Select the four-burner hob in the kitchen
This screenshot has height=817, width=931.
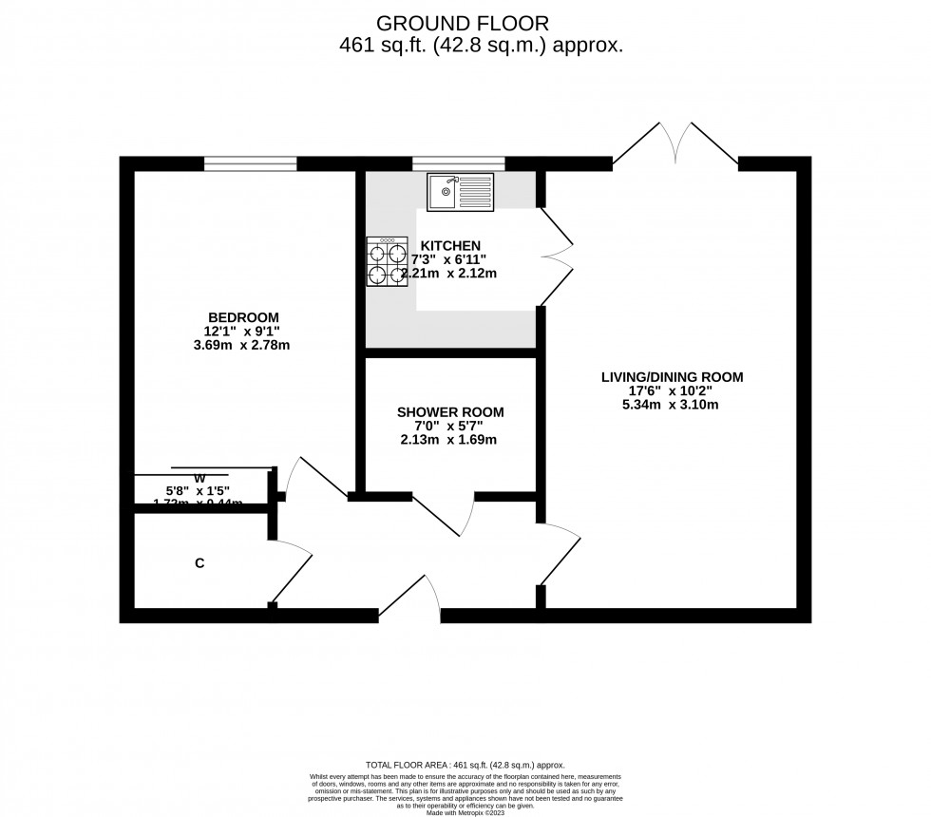coord(387,262)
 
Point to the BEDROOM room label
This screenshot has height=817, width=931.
coord(244,316)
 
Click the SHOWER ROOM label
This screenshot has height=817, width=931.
coord(450,411)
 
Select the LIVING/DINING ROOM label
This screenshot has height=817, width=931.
coord(672,377)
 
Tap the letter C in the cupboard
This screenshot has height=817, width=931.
coord(199,563)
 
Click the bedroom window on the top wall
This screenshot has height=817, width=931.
coord(251,163)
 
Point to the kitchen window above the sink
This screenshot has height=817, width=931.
coord(458,163)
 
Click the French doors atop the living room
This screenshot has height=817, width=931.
coord(675,145)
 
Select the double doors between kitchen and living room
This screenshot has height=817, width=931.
coord(557,256)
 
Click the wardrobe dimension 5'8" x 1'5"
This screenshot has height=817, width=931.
coord(199,491)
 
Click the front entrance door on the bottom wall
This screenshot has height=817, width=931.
coord(411,598)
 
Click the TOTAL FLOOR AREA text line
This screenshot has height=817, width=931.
coord(465,765)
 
